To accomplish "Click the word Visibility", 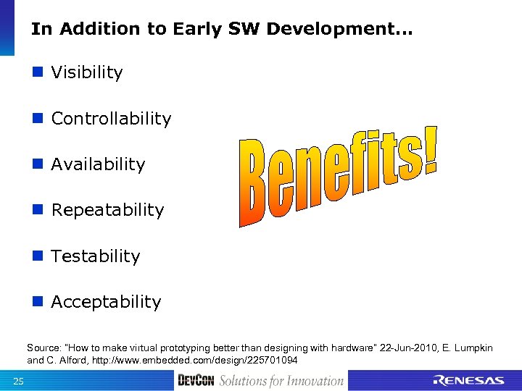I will tap(87, 73).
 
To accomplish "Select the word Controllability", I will tap(111, 119).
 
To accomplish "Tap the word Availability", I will tap(98, 164).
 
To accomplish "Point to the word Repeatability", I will tap(107, 211).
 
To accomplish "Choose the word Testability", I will tap(96, 256).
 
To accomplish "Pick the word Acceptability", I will tap(106, 302).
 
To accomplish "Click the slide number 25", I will tap(19, 382).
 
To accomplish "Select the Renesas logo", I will tap(468, 381).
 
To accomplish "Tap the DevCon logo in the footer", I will tap(196, 381).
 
